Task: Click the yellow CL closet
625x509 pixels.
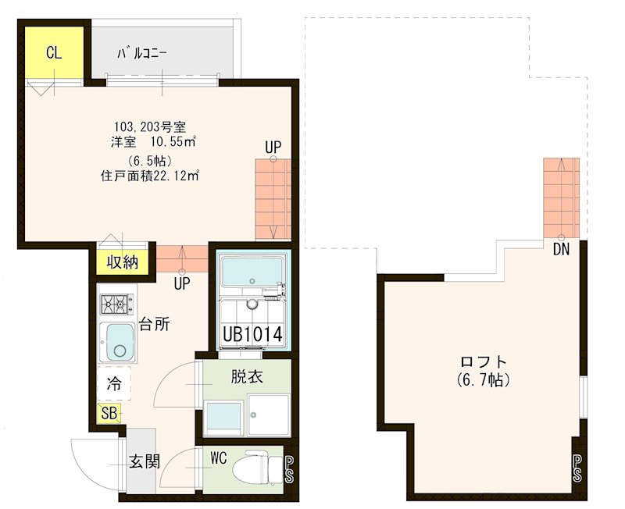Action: pos(53,53)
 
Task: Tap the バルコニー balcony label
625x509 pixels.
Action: pos(141,54)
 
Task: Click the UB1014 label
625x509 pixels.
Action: pos(252,333)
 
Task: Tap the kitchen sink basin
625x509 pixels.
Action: pos(118,341)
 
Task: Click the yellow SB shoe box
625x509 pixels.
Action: pos(109,413)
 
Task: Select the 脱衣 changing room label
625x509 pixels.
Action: pos(246,376)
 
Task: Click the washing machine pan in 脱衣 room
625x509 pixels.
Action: pos(268,415)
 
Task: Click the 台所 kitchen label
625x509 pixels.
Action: pos(155,326)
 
